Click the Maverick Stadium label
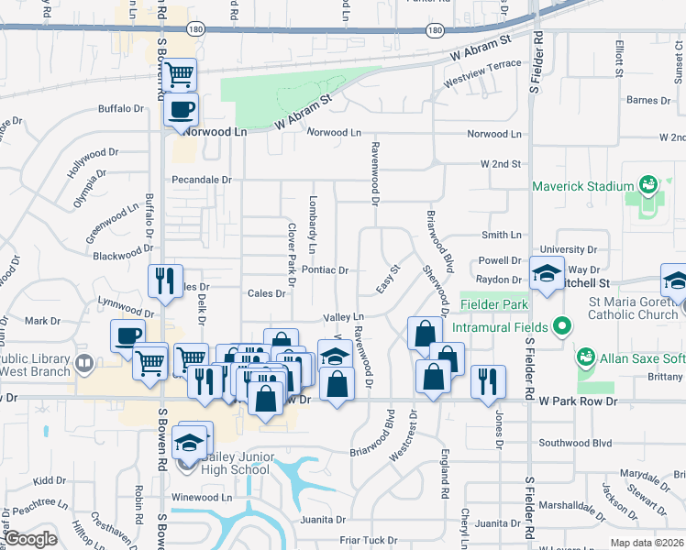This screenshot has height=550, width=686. (x=583, y=186)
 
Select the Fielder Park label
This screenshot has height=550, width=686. (x=493, y=304)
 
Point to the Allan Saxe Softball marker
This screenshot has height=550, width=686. (x=584, y=355)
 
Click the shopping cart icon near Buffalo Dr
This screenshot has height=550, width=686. (x=181, y=73)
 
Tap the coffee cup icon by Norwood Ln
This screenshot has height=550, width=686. (x=181, y=110)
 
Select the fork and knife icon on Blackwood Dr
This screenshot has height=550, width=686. (x=165, y=280)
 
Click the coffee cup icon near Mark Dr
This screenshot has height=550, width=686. (x=128, y=335)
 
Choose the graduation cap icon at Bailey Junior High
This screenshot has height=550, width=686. (x=193, y=440)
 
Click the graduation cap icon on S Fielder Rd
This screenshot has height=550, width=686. (x=546, y=274)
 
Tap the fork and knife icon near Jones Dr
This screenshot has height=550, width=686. (x=488, y=381)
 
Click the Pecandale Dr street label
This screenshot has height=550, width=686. (x=201, y=180)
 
